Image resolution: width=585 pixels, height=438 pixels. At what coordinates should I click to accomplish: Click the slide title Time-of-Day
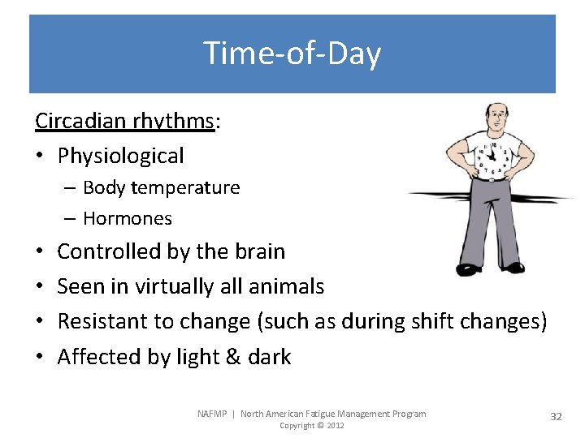click(292, 54)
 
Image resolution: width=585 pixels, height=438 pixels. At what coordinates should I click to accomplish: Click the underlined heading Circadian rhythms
click(123, 121)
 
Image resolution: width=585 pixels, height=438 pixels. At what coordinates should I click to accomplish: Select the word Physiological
click(120, 156)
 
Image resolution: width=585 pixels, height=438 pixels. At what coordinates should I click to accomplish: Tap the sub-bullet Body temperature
click(161, 187)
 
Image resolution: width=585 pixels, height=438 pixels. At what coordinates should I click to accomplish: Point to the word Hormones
click(127, 218)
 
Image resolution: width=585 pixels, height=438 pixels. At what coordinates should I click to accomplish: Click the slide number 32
click(556, 416)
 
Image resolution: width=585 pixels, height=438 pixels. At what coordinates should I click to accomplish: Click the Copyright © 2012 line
click(311, 426)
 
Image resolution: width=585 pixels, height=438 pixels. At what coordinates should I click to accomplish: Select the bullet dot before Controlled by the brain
click(40, 252)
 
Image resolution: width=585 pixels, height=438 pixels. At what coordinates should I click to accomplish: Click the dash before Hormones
click(71, 219)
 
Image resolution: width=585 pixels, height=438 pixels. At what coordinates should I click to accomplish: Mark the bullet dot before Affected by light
click(40, 358)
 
